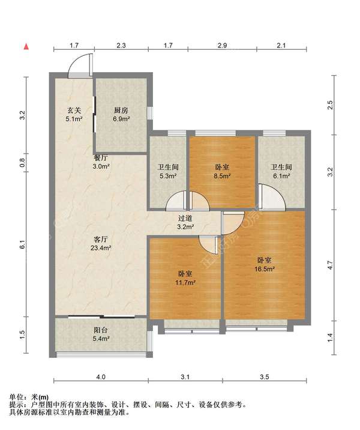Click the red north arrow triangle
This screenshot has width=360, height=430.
point(26,47)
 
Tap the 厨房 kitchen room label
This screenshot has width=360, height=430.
point(121,111)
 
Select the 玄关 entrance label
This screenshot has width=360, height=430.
point(74,111)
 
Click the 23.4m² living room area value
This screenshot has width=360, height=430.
point(101,248)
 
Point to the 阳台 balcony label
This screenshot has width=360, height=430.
point(101,330)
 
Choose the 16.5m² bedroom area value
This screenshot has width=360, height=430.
point(265,269)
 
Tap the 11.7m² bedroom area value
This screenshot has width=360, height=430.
point(185,282)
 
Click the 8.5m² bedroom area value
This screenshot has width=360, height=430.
point(222,176)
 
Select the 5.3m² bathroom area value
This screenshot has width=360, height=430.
point(168,176)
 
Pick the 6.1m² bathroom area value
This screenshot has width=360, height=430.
point(281,176)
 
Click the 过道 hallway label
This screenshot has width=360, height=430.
point(185,218)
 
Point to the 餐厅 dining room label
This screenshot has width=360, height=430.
point(101,158)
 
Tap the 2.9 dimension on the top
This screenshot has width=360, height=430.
point(222,45)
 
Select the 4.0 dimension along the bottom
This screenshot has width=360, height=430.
point(101,377)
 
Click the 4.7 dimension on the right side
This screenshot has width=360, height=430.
point(330,265)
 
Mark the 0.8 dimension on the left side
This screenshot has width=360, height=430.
point(22,163)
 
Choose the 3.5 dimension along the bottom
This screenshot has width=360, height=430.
point(265,377)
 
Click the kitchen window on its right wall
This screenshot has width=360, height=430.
point(150,113)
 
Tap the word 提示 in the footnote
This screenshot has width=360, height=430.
point(16,405)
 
